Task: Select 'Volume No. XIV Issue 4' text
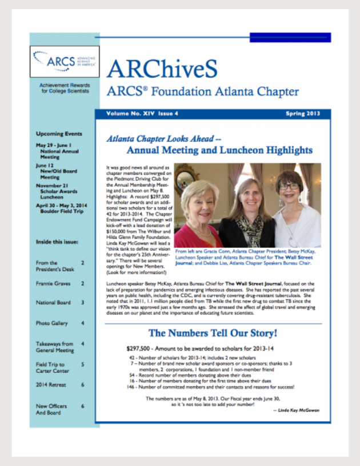(142, 114)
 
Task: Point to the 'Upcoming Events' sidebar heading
(58, 134)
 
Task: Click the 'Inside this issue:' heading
(57, 242)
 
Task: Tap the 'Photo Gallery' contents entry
(51, 323)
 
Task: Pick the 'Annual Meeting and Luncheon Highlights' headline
(219, 150)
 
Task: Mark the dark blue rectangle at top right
(290, 38)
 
